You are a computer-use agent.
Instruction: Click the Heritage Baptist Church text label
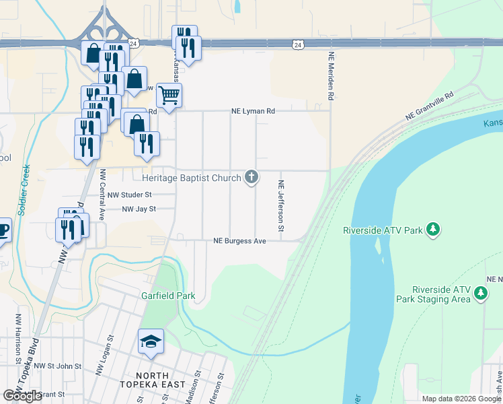tap(192, 178)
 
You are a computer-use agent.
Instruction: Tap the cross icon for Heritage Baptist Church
tap(251, 178)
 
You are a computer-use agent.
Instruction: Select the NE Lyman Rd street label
tap(254, 111)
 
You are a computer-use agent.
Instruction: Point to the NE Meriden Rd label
tap(331, 77)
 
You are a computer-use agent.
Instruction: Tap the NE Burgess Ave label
tap(240, 240)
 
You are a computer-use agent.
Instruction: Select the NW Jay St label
tap(139, 209)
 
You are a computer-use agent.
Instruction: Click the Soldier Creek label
tap(24, 190)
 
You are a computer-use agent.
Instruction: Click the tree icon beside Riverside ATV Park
tap(434, 230)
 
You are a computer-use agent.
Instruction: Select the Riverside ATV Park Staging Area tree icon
tap(480, 293)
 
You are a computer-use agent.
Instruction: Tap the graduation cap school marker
tap(151, 342)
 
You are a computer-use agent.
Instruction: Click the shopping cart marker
tap(169, 95)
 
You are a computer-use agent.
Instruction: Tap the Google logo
tap(22, 396)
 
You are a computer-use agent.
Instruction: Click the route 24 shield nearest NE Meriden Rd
tap(297, 44)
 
